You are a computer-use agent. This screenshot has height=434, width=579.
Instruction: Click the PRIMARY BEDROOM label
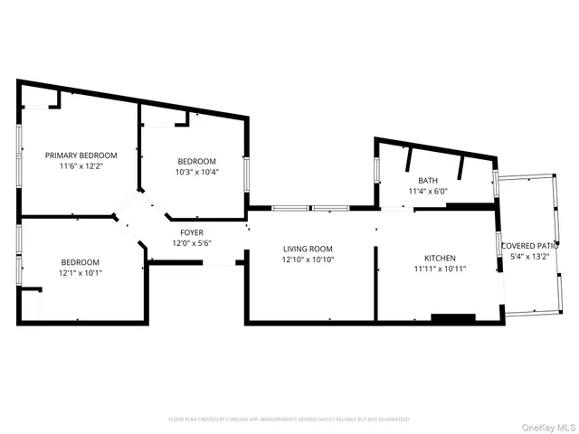(x=81, y=155)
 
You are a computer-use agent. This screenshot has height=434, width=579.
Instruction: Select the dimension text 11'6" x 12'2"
(x=81, y=166)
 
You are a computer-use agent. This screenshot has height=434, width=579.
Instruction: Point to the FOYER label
(x=191, y=232)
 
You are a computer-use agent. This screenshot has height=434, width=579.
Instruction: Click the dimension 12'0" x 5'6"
(x=191, y=243)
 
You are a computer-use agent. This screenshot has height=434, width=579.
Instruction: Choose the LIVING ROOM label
(x=308, y=249)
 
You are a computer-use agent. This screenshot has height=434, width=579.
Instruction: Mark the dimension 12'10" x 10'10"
(x=308, y=260)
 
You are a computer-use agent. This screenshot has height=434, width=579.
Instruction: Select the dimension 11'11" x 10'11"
(x=440, y=269)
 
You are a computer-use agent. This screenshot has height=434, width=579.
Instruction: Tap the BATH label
(x=427, y=180)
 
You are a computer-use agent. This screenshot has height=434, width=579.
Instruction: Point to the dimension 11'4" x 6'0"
(x=427, y=192)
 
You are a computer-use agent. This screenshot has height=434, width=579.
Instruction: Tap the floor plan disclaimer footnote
(x=289, y=420)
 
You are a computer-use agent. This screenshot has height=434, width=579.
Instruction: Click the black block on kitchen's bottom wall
(x=452, y=317)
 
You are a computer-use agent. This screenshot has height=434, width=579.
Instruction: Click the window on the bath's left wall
(x=376, y=171)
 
